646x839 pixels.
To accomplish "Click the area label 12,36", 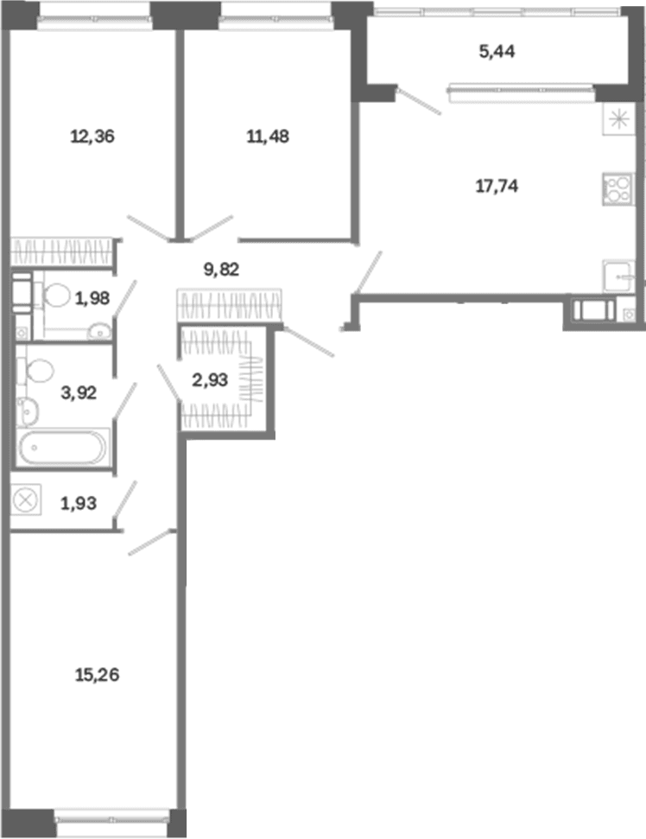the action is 92,137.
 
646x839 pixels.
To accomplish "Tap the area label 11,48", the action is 268,137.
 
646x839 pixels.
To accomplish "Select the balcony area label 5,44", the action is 497,51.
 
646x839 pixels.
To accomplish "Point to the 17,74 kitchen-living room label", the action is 497,187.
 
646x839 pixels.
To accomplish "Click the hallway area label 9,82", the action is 221,269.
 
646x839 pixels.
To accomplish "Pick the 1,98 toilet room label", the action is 92,298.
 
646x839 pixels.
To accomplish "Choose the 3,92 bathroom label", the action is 79,393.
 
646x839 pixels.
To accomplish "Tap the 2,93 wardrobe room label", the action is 210,380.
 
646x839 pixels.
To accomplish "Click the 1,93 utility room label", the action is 79,504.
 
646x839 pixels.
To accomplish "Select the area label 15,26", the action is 97,676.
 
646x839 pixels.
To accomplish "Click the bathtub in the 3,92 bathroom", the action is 63,448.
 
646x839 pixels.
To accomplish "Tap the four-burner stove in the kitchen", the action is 618,189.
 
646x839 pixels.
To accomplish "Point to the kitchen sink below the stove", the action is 618,276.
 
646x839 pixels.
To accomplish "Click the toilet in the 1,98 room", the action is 53,296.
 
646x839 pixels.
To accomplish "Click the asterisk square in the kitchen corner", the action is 618,118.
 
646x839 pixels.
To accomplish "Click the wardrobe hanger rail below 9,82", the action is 230,306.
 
